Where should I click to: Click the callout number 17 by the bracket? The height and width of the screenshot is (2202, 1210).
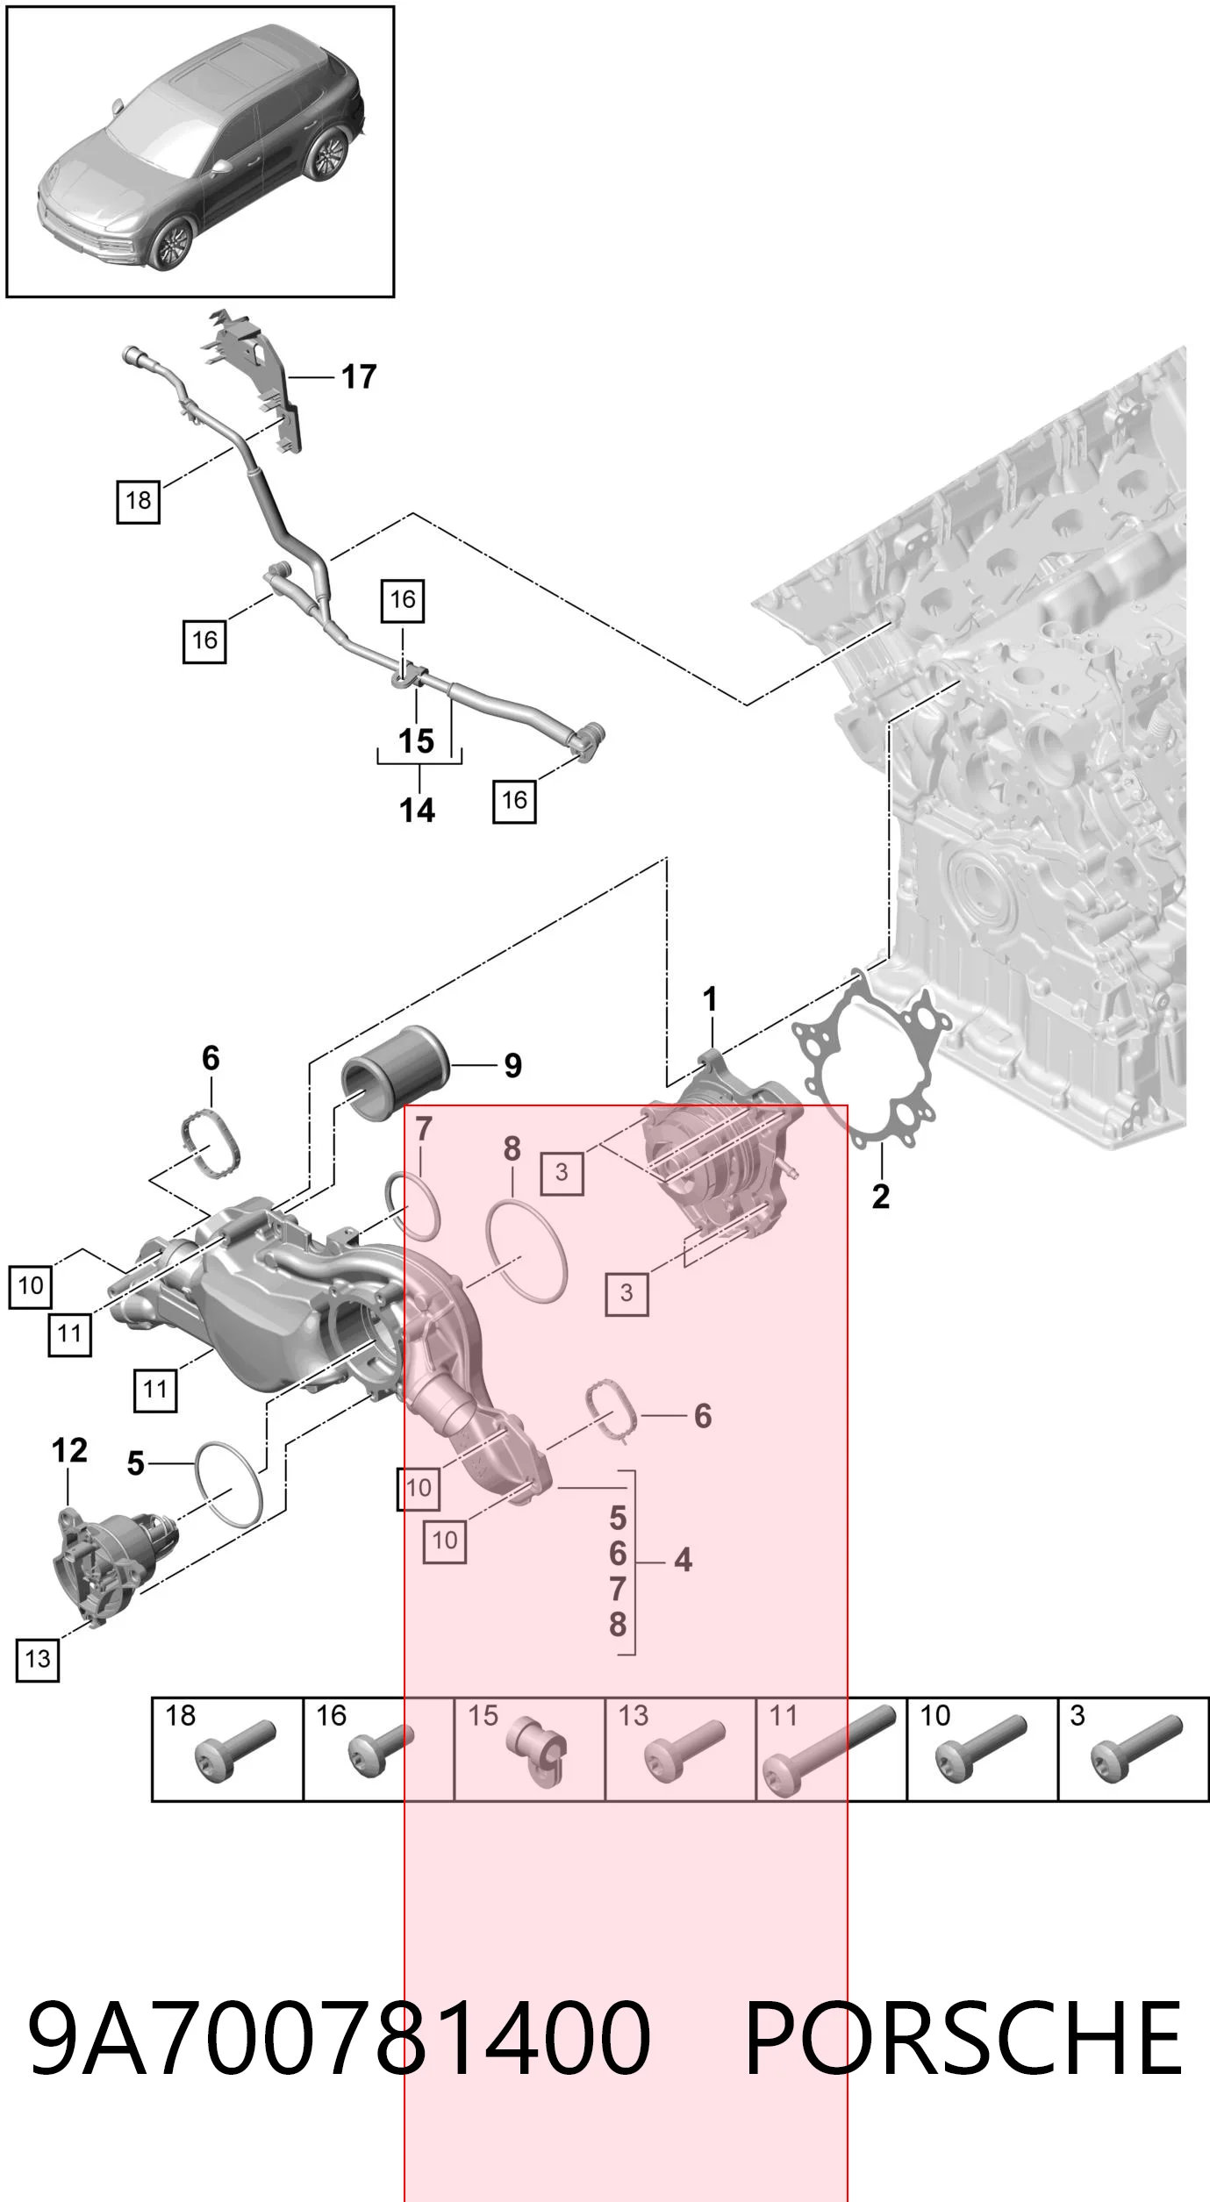[x=359, y=377]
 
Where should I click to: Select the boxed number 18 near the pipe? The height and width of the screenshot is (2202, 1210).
[x=139, y=501]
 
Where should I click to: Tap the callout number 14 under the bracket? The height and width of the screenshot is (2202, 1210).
[x=417, y=810]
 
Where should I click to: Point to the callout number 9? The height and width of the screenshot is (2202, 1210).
[x=513, y=1066]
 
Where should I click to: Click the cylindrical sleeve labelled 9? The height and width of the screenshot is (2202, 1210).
[x=396, y=1073]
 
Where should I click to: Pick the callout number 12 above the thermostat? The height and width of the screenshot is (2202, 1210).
[x=69, y=1450]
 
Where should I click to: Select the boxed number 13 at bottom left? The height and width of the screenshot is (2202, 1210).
[x=38, y=1659]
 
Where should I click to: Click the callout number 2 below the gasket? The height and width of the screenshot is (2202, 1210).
[x=881, y=1197]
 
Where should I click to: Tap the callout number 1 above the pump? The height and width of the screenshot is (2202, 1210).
[x=710, y=999]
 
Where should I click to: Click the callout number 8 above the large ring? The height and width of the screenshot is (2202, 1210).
[x=512, y=1149]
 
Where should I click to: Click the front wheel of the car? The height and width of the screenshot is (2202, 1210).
[x=170, y=243]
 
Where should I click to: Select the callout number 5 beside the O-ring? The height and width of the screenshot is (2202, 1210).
[x=135, y=1463]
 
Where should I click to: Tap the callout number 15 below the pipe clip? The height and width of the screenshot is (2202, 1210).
[x=417, y=741]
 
